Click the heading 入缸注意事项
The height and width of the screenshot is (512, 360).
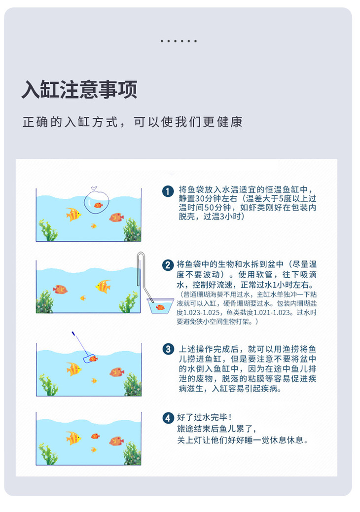(x=79, y=89)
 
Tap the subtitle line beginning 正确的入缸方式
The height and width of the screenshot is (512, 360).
(x=133, y=122)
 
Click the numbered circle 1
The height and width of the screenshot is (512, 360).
(x=168, y=191)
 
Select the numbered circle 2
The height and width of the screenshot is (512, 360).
(x=168, y=265)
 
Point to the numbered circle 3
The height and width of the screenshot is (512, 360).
(x=168, y=349)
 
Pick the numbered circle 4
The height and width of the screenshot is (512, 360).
(x=168, y=418)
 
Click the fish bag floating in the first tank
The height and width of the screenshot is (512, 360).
(x=96, y=202)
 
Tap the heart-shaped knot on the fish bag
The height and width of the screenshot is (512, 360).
(x=94, y=188)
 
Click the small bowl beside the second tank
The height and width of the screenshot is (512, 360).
(x=160, y=306)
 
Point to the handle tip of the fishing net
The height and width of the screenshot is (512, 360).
(x=72, y=333)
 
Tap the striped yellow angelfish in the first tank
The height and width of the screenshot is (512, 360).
(x=73, y=214)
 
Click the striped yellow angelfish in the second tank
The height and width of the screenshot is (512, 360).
(x=103, y=286)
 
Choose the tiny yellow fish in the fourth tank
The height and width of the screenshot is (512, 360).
(x=94, y=450)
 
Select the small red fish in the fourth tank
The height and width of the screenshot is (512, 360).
(x=95, y=436)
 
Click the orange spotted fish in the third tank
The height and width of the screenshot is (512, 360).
(x=116, y=372)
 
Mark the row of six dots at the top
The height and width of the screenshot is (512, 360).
(x=179, y=41)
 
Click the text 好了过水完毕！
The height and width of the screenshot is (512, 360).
(x=204, y=417)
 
